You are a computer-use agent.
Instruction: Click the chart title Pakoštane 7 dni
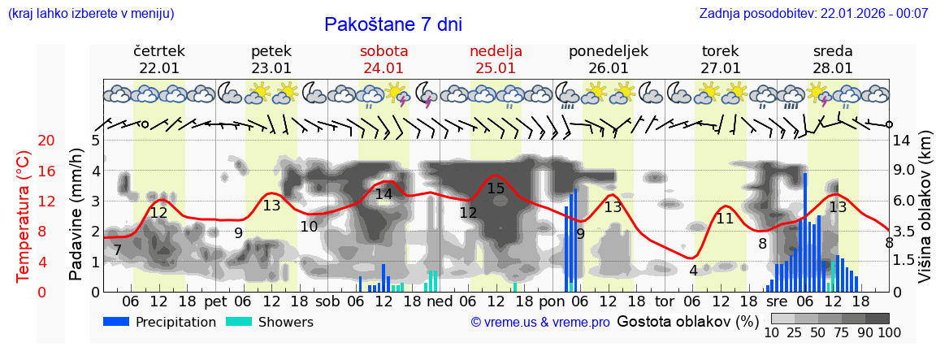(x=392, y=24)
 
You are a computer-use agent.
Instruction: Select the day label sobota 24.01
(x=383, y=59)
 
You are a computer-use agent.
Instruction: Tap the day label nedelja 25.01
(x=496, y=59)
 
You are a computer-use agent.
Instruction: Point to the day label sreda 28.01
(x=833, y=59)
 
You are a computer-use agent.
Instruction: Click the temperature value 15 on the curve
(x=496, y=189)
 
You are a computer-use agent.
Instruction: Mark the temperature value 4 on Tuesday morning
(x=693, y=270)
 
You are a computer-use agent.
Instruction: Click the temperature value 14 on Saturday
(x=383, y=194)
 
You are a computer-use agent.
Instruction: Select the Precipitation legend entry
(x=160, y=322)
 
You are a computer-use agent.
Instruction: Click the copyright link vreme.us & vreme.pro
(x=540, y=323)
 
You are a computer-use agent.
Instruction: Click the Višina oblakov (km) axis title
(x=925, y=215)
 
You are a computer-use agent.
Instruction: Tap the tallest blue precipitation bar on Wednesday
(x=805, y=232)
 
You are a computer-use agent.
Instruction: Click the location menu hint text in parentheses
(x=91, y=14)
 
